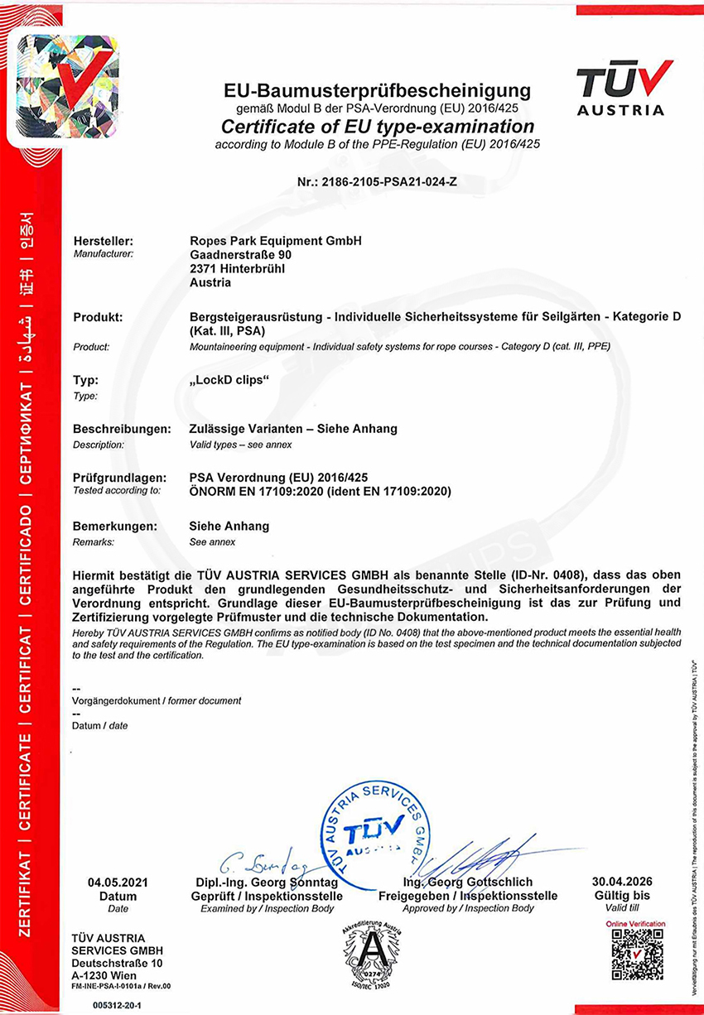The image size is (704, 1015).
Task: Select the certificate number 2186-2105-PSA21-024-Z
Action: click(x=376, y=181)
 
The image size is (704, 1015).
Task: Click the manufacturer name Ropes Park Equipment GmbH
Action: click(x=276, y=241)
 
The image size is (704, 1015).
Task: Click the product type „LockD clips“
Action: click(x=231, y=381)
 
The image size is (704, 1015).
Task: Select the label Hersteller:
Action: click(x=104, y=241)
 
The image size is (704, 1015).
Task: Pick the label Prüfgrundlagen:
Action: click(x=117, y=478)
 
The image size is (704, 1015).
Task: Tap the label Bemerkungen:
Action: click(x=115, y=526)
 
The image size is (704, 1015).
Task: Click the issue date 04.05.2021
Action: click(x=118, y=882)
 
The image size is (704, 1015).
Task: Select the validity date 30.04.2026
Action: click(x=623, y=882)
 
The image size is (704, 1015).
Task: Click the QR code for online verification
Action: click(x=636, y=955)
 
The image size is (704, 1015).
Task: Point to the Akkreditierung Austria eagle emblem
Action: click(x=372, y=958)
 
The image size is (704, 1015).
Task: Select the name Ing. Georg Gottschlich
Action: click(x=467, y=883)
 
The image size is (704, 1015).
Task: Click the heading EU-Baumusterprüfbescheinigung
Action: click(x=376, y=91)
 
